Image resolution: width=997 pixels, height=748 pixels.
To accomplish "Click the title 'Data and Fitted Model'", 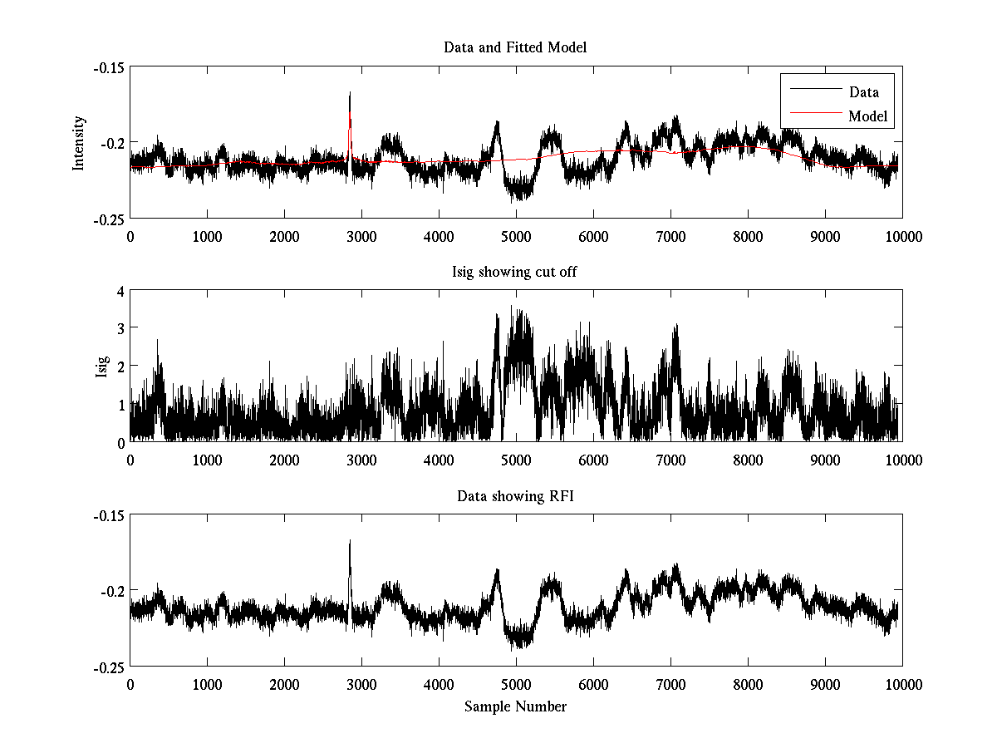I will pos(515,47).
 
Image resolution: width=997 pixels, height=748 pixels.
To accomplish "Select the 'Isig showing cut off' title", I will pos(515,272).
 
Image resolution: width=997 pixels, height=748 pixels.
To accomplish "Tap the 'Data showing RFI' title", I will pos(515,496).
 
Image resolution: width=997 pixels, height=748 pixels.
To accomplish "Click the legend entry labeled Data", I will pos(863,92).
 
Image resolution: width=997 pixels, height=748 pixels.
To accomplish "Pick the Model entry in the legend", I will pos(867,116).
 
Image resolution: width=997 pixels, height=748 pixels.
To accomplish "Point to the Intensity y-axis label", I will pos(79,143).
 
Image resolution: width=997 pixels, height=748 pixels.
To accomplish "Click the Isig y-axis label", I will pos(101,367).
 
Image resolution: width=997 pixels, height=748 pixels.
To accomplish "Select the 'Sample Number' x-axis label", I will pos(515,706).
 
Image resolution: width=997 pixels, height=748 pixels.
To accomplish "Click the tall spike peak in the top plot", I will pos(350,92).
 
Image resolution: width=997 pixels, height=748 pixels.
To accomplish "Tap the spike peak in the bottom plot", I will pos(350,541).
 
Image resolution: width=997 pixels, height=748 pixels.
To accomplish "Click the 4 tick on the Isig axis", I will pos(120,291).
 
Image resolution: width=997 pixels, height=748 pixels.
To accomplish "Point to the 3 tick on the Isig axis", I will pos(120,328).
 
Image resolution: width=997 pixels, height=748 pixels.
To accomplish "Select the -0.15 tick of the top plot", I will pos(108,67).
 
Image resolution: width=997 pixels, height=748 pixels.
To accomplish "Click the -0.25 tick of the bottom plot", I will pos(108,667).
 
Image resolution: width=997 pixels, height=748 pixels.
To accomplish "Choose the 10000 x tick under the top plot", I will pos(902,236).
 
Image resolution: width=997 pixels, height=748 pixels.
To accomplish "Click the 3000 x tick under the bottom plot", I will pos(361,684).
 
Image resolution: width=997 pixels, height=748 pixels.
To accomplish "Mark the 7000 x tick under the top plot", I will pos(670,236).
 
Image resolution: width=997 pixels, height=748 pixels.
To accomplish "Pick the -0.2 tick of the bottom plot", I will pos(112,591).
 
